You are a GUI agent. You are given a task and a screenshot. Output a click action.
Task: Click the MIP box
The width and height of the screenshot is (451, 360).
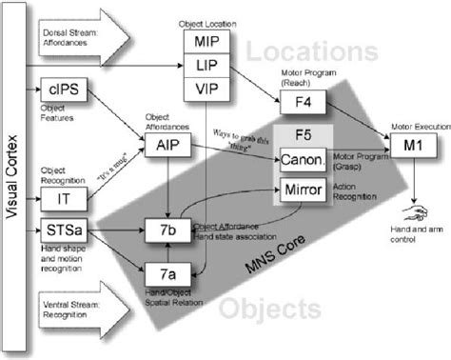206,42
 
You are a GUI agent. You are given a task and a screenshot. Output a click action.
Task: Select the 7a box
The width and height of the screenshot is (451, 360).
167,273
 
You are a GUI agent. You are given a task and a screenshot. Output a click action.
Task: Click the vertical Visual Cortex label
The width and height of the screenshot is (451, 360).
13,181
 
